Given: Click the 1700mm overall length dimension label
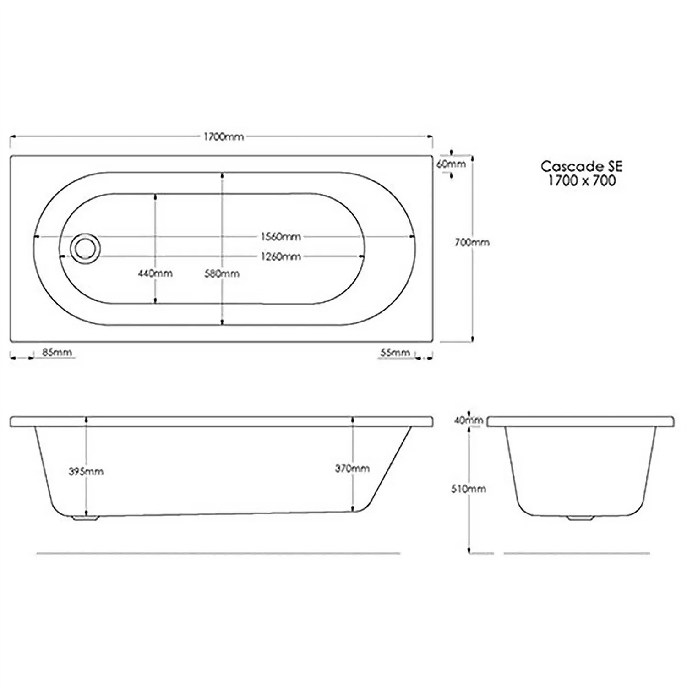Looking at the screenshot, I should (x=224, y=136).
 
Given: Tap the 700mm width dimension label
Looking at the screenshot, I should (x=472, y=242).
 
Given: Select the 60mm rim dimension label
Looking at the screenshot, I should (x=451, y=164).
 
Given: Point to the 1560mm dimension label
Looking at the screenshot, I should (x=281, y=237).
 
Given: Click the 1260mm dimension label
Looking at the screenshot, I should (x=281, y=256).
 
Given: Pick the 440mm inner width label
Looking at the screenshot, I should (x=155, y=273).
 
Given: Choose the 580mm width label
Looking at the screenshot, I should (x=222, y=273).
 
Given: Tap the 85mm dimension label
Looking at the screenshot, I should (x=57, y=352).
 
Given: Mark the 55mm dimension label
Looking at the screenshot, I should (x=395, y=352).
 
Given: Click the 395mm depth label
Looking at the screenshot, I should (x=86, y=471).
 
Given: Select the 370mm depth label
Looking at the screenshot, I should (x=352, y=468).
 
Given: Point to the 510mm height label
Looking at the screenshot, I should (x=468, y=489).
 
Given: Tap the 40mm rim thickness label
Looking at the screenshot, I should (x=468, y=420).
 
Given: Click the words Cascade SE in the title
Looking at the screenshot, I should (x=581, y=166).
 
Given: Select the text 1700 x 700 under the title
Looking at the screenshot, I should (x=582, y=180).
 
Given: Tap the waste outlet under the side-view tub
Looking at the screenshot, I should (x=86, y=518).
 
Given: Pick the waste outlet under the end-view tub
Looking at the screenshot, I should (x=580, y=518).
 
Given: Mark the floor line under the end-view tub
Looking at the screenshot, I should (x=577, y=553).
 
